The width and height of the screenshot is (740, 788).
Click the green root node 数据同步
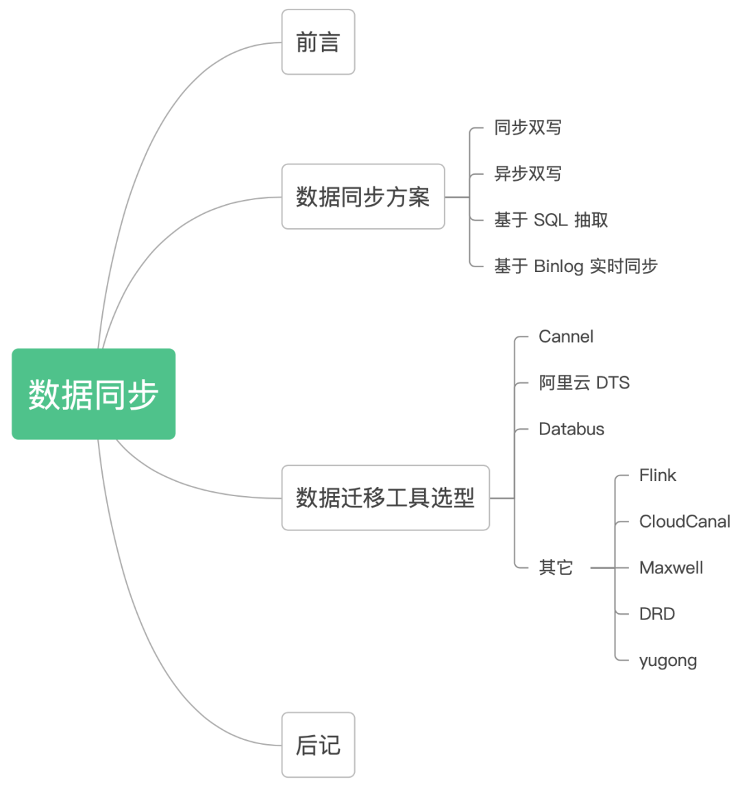tap(94, 394)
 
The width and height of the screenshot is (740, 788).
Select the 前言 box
tap(318, 42)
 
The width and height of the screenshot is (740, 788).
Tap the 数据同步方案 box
tap(363, 197)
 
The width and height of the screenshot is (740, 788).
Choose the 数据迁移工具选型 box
tap(385, 497)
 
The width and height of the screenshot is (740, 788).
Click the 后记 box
tap(318, 745)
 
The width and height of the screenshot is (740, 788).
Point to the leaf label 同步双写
tap(528, 127)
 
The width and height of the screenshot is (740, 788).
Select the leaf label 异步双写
tap(528, 174)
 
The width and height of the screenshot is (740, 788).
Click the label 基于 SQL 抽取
tap(551, 220)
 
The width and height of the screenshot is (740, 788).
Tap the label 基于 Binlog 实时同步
tap(576, 266)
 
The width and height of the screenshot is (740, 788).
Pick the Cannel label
tap(566, 336)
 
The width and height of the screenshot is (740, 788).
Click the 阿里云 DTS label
tap(584, 383)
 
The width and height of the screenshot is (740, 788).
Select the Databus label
tap(571, 429)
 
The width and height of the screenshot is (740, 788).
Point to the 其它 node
tap(556, 567)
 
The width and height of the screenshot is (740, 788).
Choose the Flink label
tap(657, 476)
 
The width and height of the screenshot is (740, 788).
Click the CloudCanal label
tap(684, 521)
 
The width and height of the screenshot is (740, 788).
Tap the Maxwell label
tap(671, 568)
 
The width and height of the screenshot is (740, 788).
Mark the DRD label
tap(657, 614)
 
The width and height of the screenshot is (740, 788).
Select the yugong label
tap(668, 661)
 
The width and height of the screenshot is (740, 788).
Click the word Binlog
tap(558, 266)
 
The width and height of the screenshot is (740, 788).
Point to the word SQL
tap(551, 220)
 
